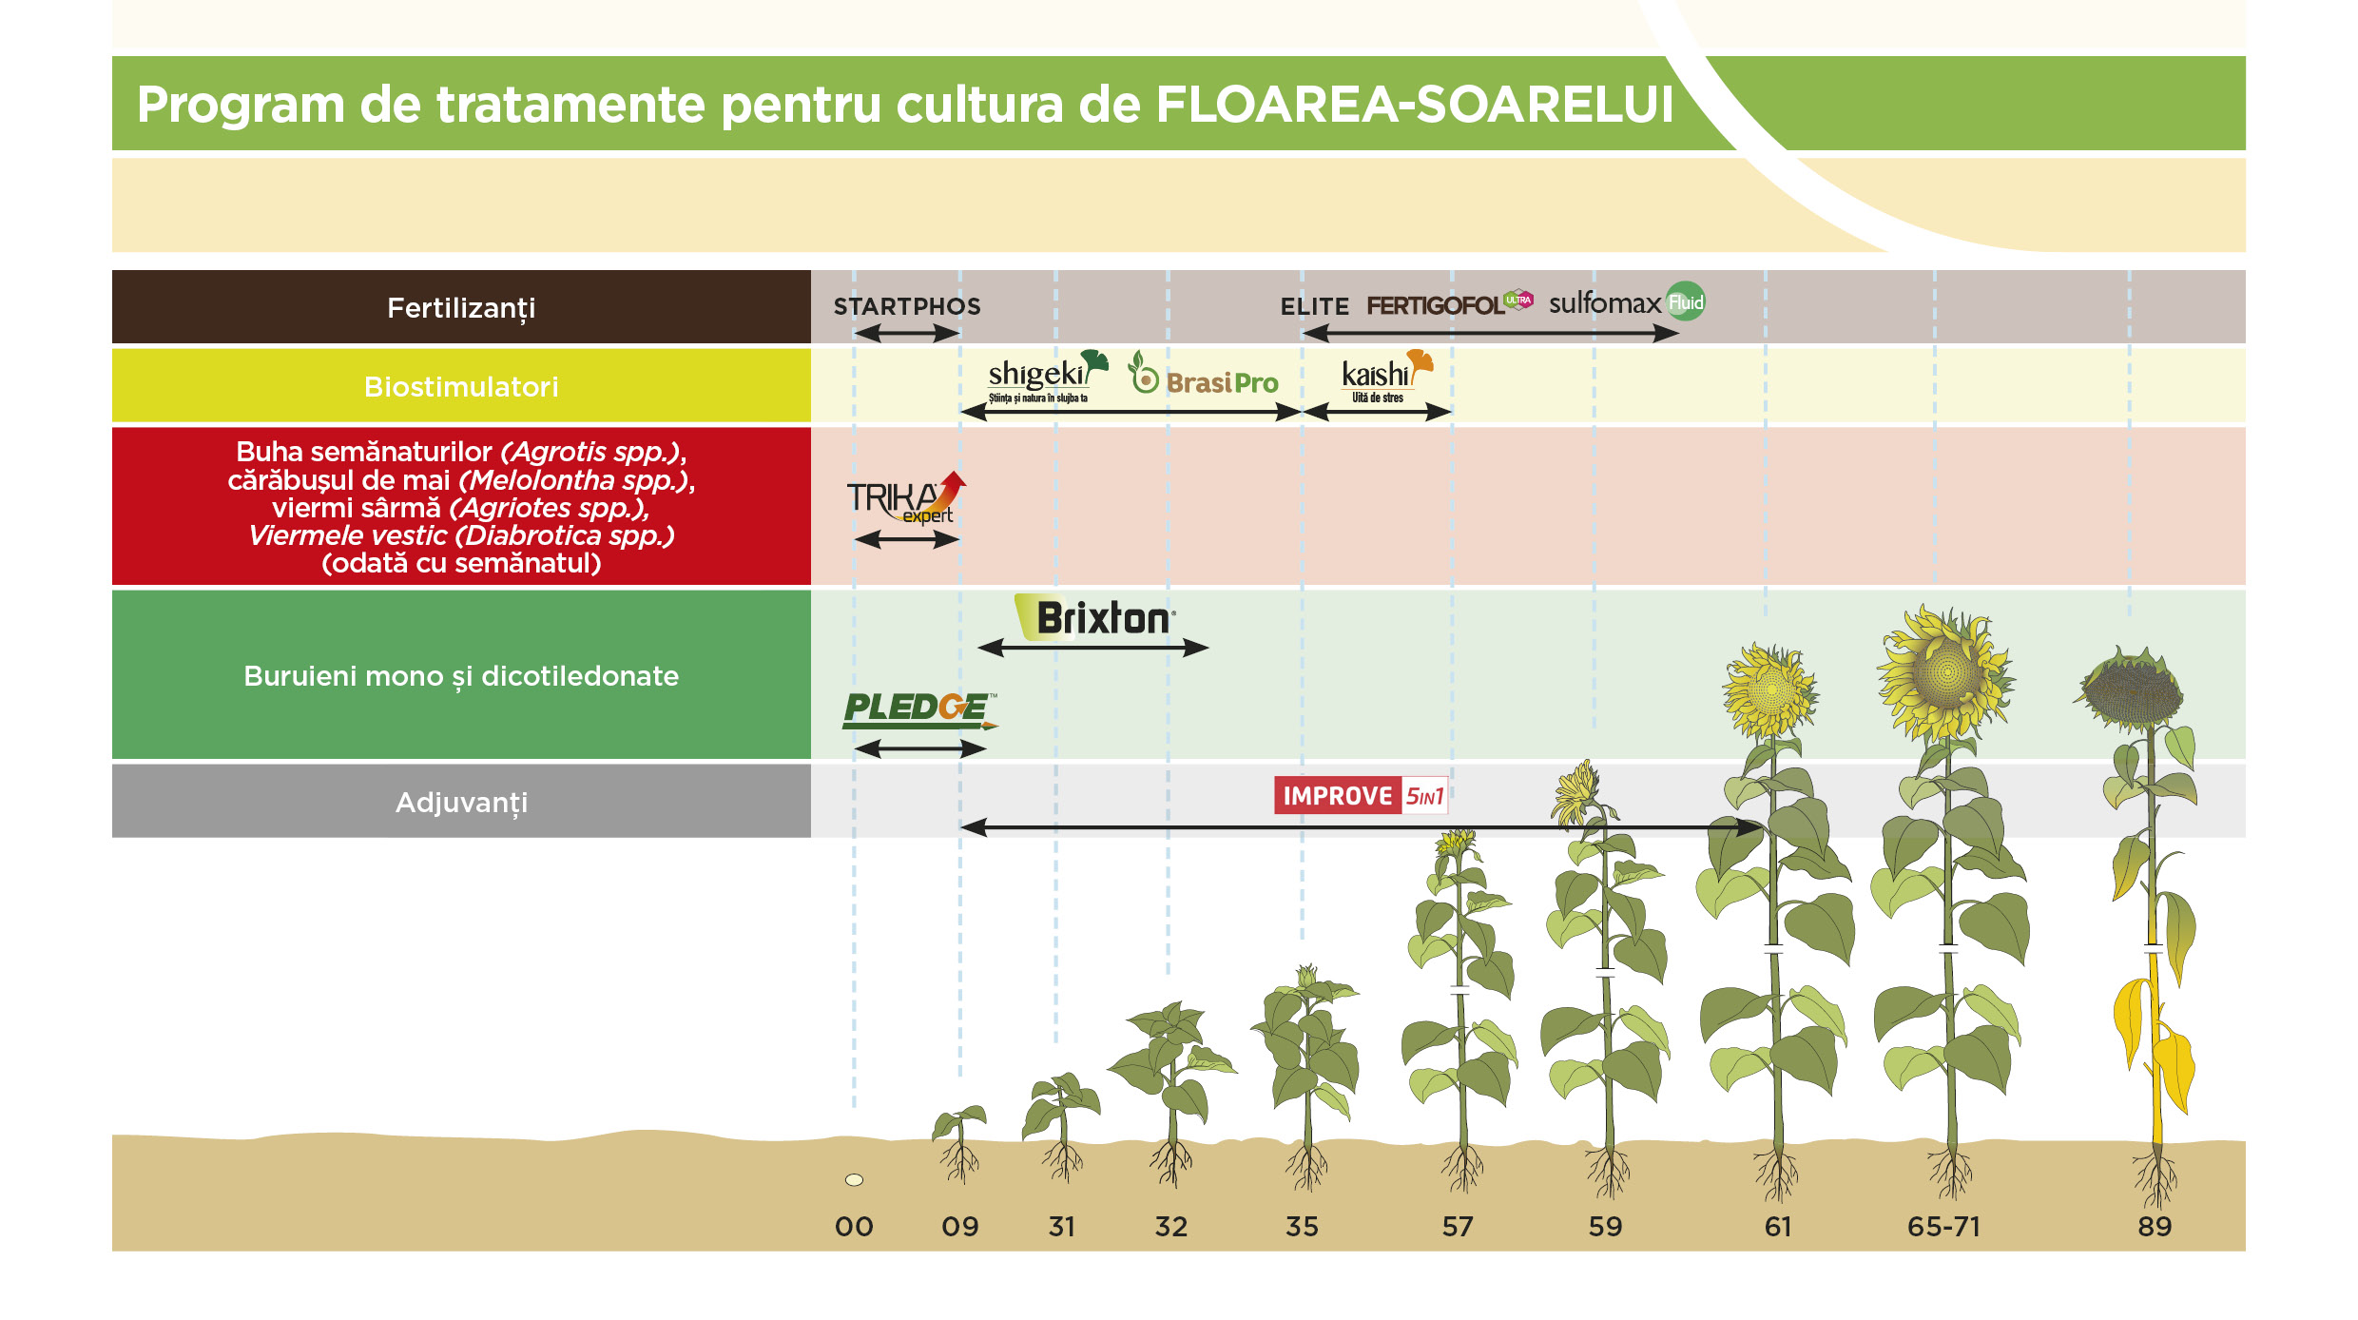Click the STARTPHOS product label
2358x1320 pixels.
point(907,306)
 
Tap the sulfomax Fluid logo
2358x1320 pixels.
point(1626,302)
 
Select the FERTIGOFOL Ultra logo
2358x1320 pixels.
point(1449,304)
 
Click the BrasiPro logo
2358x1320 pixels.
point(1205,378)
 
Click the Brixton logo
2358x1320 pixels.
point(1097,618)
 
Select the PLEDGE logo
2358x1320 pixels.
point(918,709)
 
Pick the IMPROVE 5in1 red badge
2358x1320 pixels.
point(1361,795)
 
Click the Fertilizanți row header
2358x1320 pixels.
point(461,307)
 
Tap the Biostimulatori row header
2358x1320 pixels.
point(461,386)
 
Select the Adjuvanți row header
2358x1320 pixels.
point(461,802)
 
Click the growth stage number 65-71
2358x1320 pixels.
point(1943,1227)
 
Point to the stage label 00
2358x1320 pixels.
point(854,1227)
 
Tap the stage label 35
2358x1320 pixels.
point(1302,1227)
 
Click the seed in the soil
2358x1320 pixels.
point(854,1180)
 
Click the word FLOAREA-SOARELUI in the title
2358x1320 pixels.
point(1414,105)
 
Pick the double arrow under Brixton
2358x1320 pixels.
point(1093,648)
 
